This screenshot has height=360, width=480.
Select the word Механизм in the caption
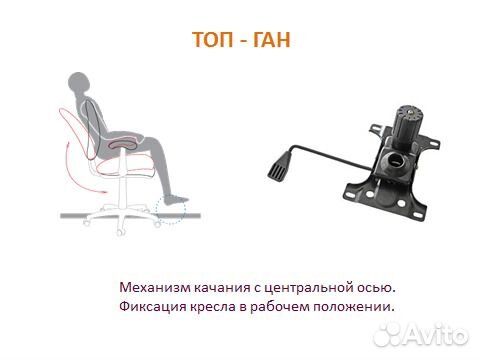(152, 286)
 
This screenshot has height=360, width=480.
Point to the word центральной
(312, 286)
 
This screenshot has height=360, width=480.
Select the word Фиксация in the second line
(151, 305)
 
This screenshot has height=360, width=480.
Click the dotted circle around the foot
(172, 208)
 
